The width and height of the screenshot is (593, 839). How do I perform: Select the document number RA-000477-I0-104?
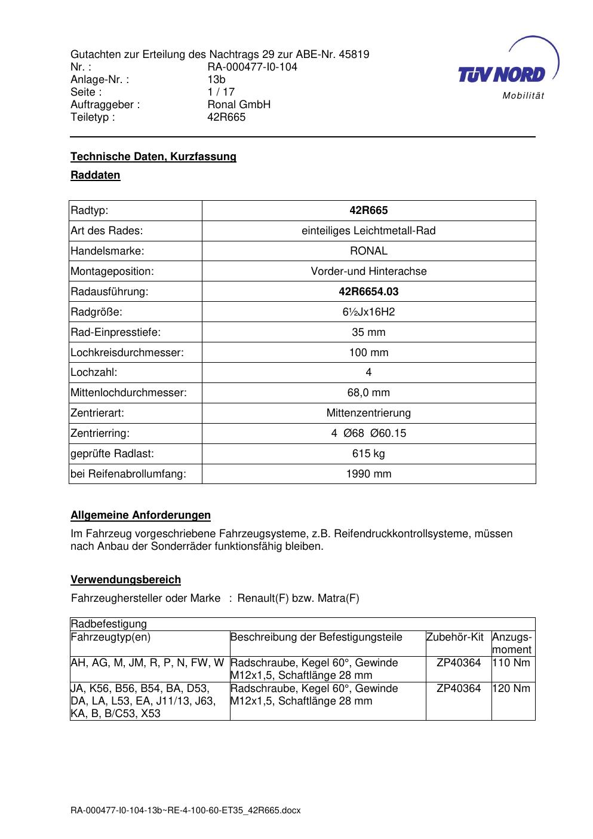click(252, 67)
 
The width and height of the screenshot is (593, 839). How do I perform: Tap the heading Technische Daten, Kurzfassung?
click(153, 157)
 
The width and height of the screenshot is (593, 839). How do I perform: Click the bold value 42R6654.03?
click(368, 292)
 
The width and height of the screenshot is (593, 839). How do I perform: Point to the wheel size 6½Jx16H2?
click(368, 312)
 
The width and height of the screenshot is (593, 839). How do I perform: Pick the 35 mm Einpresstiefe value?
click(368, 332)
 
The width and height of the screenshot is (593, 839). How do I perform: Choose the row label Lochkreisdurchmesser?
click(127, 353)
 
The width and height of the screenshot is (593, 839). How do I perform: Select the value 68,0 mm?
click(368, 393)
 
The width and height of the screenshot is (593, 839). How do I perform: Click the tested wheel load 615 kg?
click(368, 454)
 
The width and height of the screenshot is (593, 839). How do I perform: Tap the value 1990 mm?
click(368, 474)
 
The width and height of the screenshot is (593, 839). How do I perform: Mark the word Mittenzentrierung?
click(368, 413)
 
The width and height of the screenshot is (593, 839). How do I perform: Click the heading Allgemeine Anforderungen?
click(140, 515)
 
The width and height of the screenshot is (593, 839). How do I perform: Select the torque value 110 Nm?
click(511, 663)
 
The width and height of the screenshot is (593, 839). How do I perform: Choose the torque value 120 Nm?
click(511, 688)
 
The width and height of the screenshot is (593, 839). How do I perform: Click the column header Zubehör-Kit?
click(455, 637)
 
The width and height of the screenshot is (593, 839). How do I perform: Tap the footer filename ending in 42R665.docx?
click(185, 811)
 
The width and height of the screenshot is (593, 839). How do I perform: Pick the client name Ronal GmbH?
click(239, 105)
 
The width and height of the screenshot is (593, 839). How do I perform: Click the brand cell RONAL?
click(368, 251)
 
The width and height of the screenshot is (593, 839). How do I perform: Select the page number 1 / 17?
click(221, 92)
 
